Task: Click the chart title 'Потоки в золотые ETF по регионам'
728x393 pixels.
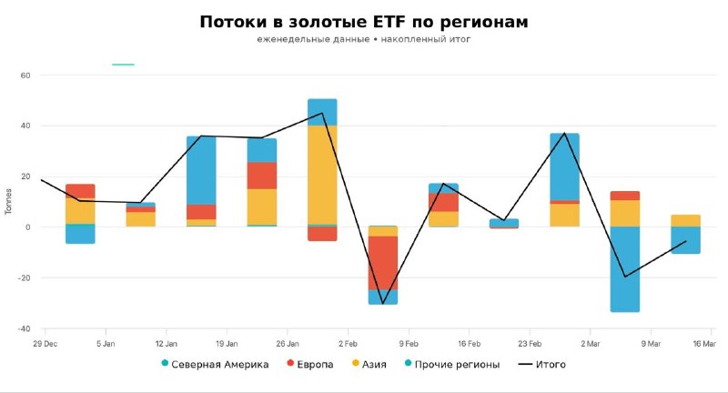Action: tap(363, 21)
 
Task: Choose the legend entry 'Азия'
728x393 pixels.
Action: tap(373, 365)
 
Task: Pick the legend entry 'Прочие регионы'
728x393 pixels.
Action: tap(456, 365)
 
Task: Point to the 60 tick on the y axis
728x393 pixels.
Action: tap(25, 76)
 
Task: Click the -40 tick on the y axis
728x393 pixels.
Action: tap(23, 328)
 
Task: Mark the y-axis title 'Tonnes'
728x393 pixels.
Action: tap(9, 202)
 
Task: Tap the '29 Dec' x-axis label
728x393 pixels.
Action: tap(45, 343)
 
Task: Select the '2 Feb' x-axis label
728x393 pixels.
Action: tap(348, 343)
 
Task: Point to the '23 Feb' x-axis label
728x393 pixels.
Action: tap(530, 343)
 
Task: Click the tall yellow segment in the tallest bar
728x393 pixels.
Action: tap(322, 174)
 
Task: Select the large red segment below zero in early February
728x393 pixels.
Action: tap(383, 262)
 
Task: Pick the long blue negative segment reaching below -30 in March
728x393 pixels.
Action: tap(625, 268)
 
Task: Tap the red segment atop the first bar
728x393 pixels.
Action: tap(80, 190)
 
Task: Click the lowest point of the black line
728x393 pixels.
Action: tap(383, 303)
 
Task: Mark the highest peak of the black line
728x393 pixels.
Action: tap(322, 113)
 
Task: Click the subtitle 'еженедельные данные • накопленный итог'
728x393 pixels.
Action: tap(363, 41)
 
